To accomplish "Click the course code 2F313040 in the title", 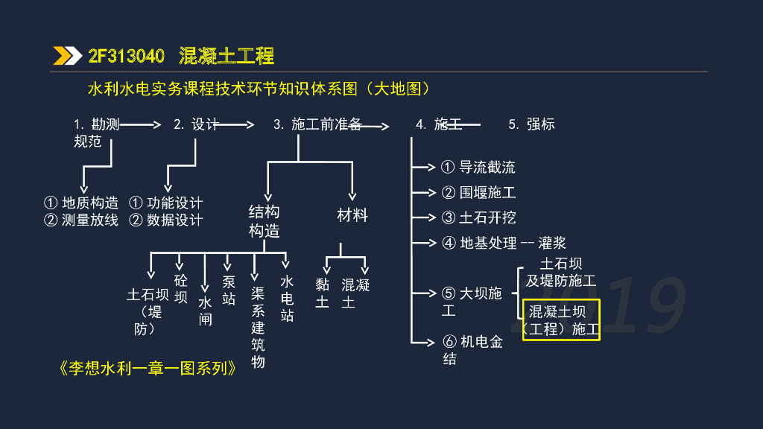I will [x=126, y=56].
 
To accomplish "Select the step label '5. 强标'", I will [x=531, y=124].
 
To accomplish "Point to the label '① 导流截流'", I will [x=478, y=168].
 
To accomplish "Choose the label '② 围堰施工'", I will [x=478, y=193].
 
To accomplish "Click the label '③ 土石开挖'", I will [x=478, y=217].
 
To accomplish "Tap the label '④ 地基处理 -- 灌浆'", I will [x=504, y=243].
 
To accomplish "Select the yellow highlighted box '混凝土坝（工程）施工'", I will [x=561, y=320].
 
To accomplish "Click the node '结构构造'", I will [x=264, y=221].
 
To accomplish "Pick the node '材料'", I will [x=352, y=215].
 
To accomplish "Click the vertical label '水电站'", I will [x=287, y=299].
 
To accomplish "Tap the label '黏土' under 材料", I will [x=322, y=293].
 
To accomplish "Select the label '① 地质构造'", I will [x=81, y=203].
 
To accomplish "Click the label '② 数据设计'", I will [x=165, y=220].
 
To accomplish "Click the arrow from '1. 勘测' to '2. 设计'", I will [x=141, y=125].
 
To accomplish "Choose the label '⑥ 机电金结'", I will [x=472, y=350].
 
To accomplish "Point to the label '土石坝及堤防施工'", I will [x=561, y=272].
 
